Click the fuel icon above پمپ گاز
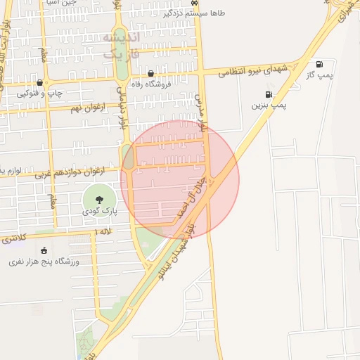[320, 64]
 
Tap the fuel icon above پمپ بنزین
[269, 94]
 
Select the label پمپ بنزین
[270, 105]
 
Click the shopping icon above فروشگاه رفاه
[151, 73]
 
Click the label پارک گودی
[98, 211]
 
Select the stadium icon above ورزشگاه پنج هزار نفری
[44, 250]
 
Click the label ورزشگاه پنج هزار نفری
[44, 262]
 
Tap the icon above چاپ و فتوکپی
[39, 83]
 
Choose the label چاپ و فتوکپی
[40, 94]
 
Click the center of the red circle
[180, 179]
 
